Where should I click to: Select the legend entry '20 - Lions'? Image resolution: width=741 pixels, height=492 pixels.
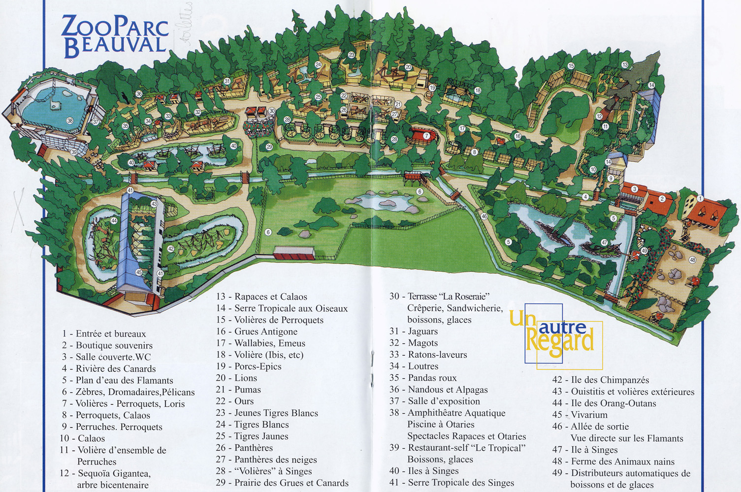[236, 378]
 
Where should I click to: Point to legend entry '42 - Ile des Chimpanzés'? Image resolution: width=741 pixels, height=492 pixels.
[601, 380]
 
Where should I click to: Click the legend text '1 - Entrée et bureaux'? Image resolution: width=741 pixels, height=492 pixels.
[104, 334]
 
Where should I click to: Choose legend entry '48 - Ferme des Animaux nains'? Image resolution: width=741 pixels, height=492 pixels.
[613, 461]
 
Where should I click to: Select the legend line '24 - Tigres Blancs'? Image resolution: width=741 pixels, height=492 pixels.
[252, 425]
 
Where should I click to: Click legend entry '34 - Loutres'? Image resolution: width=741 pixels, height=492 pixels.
[414, 366]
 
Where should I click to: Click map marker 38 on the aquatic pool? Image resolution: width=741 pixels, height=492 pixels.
[70, 121]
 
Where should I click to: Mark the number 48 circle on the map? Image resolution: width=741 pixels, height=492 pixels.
[693, 260]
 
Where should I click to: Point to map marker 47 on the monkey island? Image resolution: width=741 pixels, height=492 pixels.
[604, 243]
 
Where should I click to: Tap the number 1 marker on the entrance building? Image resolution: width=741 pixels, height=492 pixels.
[700, 199]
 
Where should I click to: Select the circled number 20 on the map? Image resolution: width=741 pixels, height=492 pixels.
[408, 67]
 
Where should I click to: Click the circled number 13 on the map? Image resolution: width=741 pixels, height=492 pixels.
[625, 65]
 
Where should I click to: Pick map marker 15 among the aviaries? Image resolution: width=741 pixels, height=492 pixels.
[571, 66]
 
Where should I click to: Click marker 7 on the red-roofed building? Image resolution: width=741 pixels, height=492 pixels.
[427, 136]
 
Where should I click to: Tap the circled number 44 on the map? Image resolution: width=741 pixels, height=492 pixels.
[114, 221]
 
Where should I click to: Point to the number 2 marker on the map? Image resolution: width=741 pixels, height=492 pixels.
[662, 199]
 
